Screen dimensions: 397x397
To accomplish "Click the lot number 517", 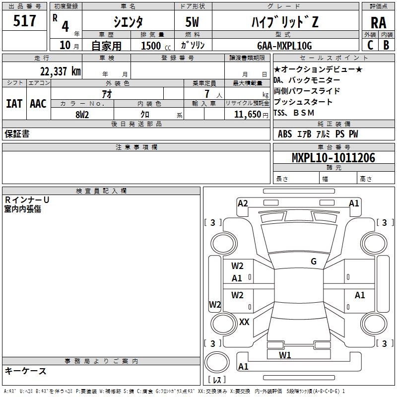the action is (25, 21).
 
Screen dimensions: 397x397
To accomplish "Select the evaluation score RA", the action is (378, 22).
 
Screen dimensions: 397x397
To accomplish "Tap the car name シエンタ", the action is (128, 21).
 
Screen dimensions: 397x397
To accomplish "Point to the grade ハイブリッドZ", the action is (283, 21).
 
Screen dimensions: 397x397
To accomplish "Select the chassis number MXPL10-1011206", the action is (333, 158).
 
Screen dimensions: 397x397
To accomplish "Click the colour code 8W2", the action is (82, 114).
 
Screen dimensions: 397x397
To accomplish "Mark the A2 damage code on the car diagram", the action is (243, 203).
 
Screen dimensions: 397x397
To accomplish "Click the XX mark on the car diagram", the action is (244, 322).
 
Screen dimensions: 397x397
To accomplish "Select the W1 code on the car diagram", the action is (285, 355).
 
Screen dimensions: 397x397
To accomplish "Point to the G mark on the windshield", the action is (313, 262).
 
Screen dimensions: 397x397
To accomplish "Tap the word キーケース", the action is (26, 371).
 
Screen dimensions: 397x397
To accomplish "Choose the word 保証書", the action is (17, 134).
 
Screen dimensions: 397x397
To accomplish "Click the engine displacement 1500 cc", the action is (151, 46).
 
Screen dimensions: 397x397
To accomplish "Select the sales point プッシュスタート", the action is (303, 102).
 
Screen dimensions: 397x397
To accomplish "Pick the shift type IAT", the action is (14, 103).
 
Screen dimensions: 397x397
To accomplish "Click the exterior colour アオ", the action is (107, 94).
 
